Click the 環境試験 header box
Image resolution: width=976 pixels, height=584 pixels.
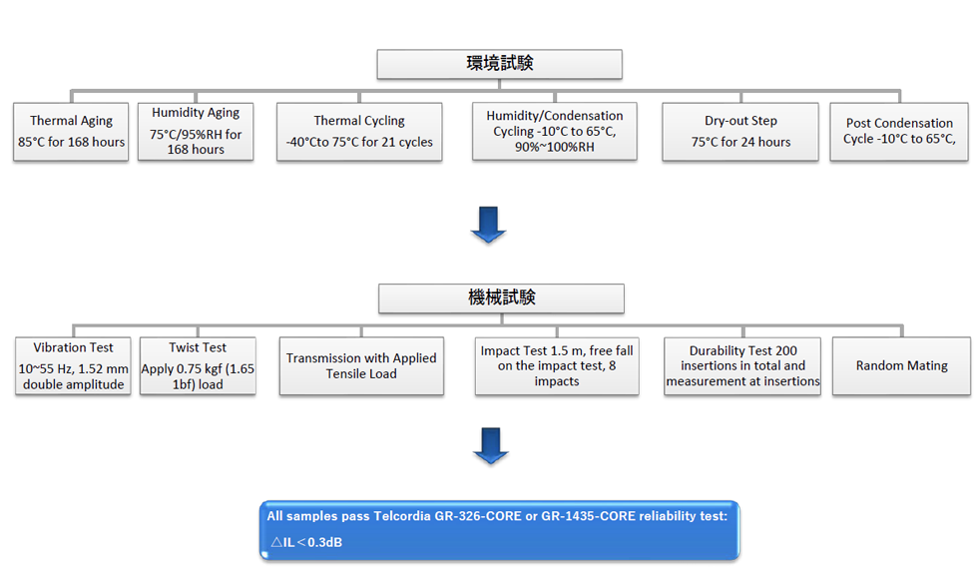(499, 64)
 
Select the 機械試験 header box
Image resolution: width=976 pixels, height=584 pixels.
(501, 298)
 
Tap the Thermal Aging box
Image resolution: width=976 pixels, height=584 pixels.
(71, 132)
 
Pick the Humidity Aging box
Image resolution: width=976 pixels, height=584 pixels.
(196, 132)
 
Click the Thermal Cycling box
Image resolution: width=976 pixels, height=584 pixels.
(359, 132)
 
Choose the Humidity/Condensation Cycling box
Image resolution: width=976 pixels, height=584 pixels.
(555, 132)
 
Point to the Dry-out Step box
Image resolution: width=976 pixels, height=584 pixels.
(740, 132)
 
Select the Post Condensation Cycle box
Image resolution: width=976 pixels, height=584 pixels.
(899, 132)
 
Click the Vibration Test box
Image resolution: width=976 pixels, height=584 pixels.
(73, 366)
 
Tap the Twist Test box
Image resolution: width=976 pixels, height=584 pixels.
(198, 366)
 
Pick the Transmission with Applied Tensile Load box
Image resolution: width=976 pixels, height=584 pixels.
(361, 366)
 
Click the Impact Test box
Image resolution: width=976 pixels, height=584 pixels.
(557, 366)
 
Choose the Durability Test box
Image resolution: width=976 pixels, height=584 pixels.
(742, 366)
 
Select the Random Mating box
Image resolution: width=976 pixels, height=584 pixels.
(901, 366)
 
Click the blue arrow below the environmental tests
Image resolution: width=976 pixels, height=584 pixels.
(488, 225)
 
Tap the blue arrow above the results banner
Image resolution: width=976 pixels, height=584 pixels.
(490, 446)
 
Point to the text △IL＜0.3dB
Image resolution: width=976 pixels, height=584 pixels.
(306, 542)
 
